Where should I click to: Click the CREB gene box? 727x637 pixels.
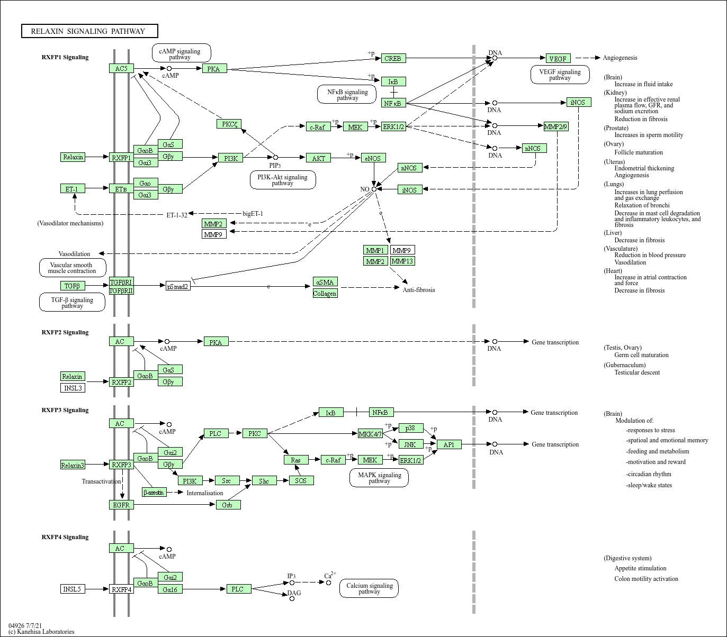point(393,58)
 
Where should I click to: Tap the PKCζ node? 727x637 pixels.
point(229,124)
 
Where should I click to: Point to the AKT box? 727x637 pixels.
point(318,158)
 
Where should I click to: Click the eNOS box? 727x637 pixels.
point(374,158)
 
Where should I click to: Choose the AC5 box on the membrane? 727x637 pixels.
point(121,68)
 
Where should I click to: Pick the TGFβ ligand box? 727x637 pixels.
point(73,286)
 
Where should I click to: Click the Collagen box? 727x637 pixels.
point(325,293)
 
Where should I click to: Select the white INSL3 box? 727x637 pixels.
point(73,388)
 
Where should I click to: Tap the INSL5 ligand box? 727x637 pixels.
point(73,589)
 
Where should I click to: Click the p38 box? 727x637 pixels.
point(410,428)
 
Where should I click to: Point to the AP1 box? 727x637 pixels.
point(449,444)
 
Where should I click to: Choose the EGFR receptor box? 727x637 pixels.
point(121,505)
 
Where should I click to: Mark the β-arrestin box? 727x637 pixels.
point(154,492)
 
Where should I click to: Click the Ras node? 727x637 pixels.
point(296,460)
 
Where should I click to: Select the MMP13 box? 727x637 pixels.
point(402,261)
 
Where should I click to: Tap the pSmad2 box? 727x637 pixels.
point(177,286)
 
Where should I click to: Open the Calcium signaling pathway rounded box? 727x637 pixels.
point(369,588)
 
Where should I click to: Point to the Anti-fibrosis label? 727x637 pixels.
point(419,289)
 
